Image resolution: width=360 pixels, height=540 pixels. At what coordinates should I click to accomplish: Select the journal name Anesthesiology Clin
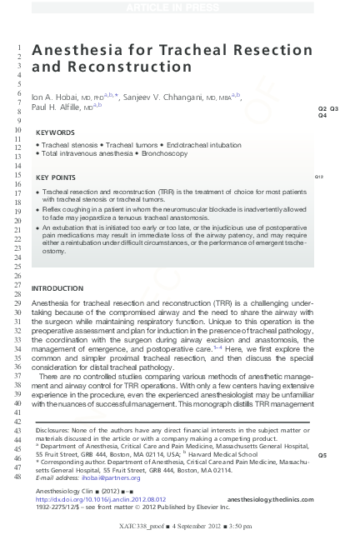point(63,492)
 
